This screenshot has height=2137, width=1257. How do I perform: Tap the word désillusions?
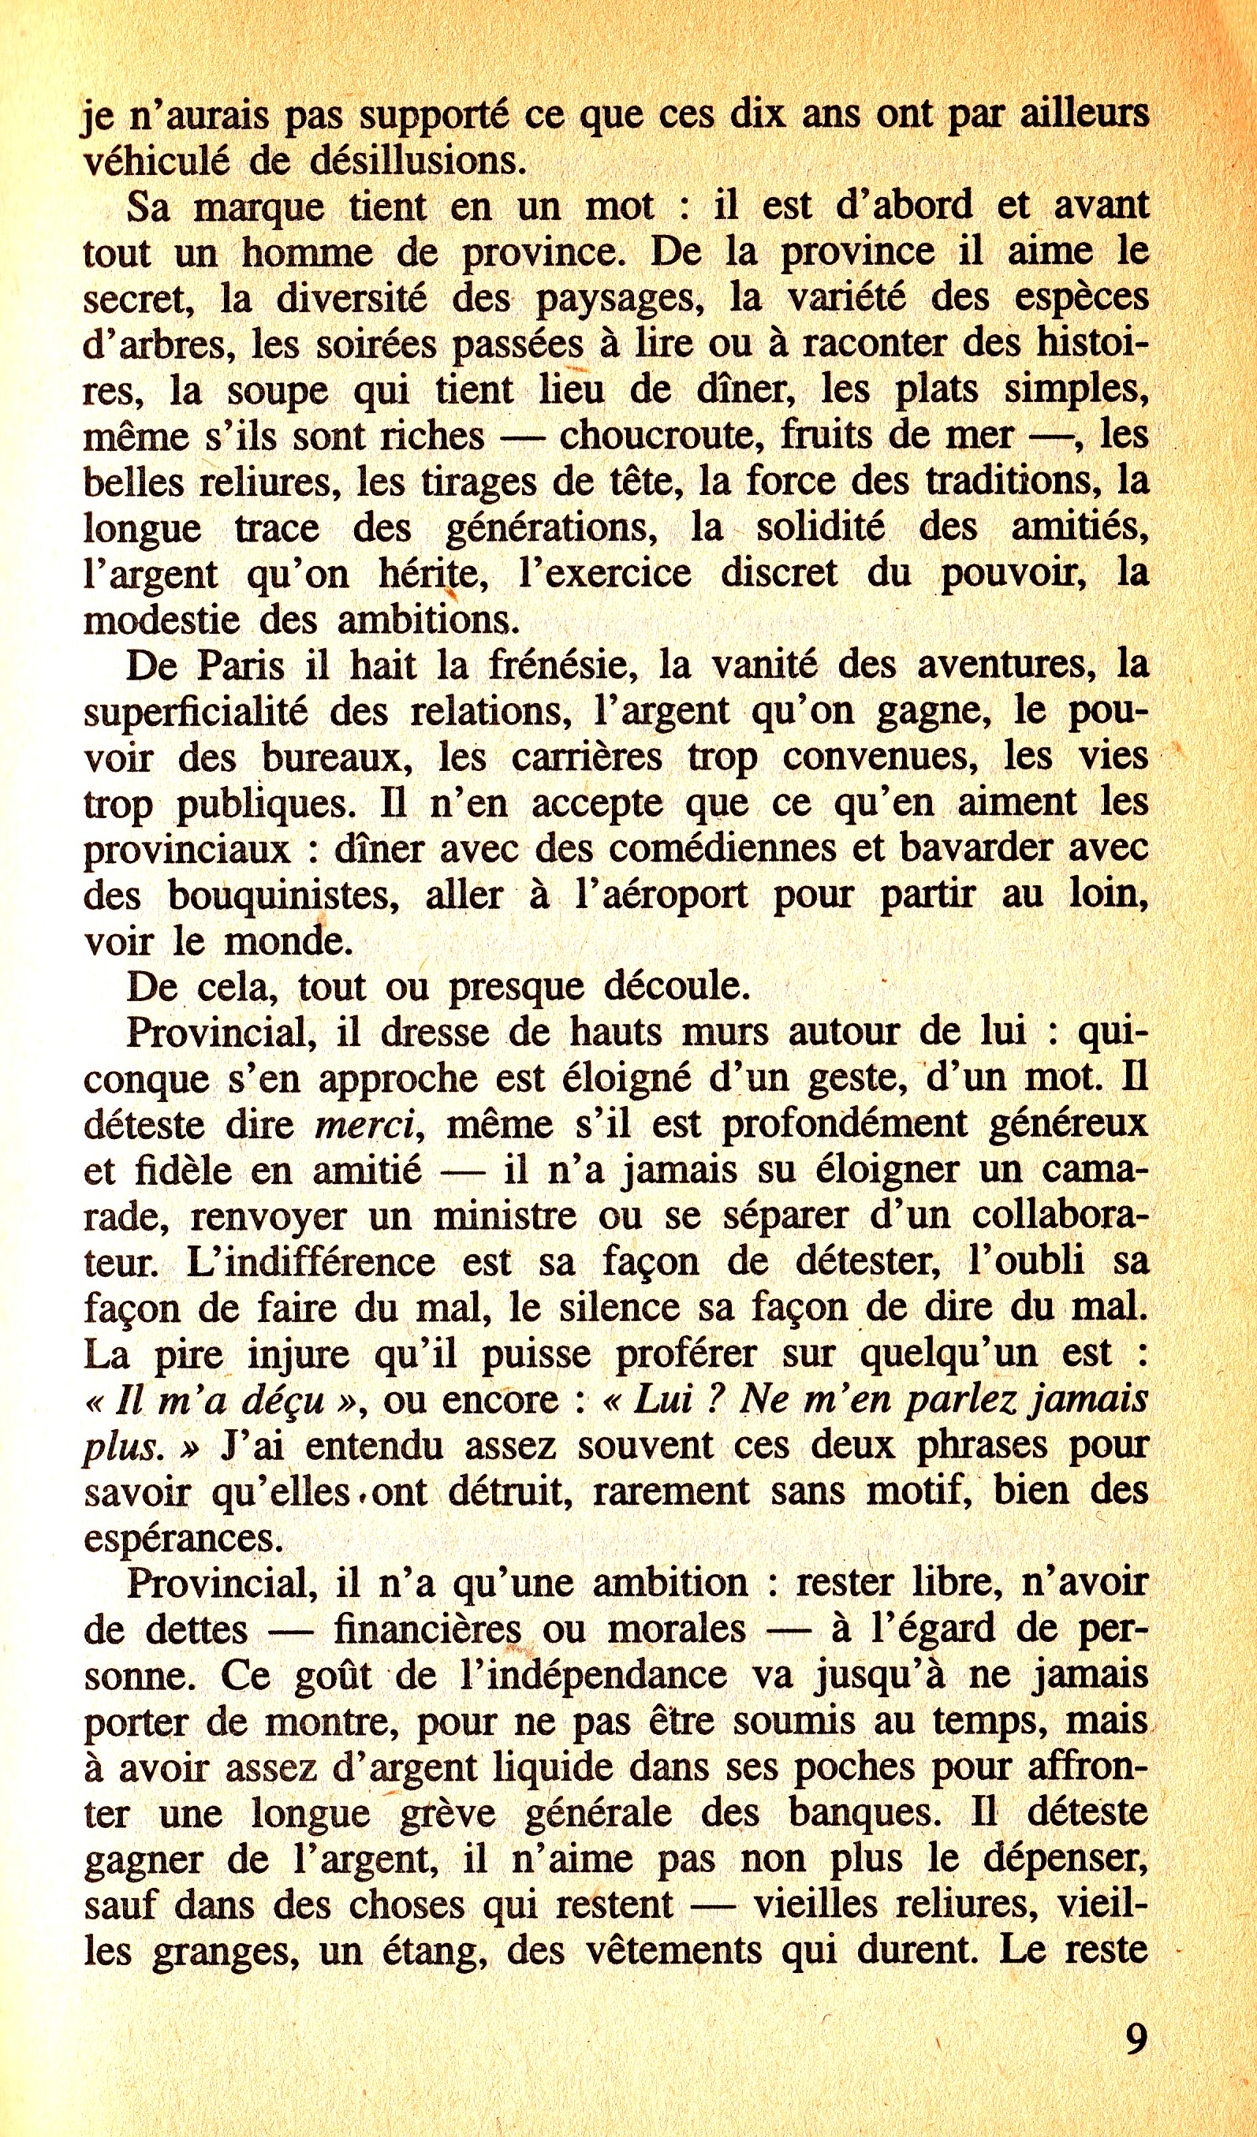[417, 160]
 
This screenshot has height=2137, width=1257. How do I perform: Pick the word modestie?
[161, 620]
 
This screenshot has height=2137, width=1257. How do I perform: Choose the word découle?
[677, 986]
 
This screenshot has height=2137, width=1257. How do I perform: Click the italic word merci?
[364, 1126]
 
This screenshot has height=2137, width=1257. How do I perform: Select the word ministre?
[504, 1217]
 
